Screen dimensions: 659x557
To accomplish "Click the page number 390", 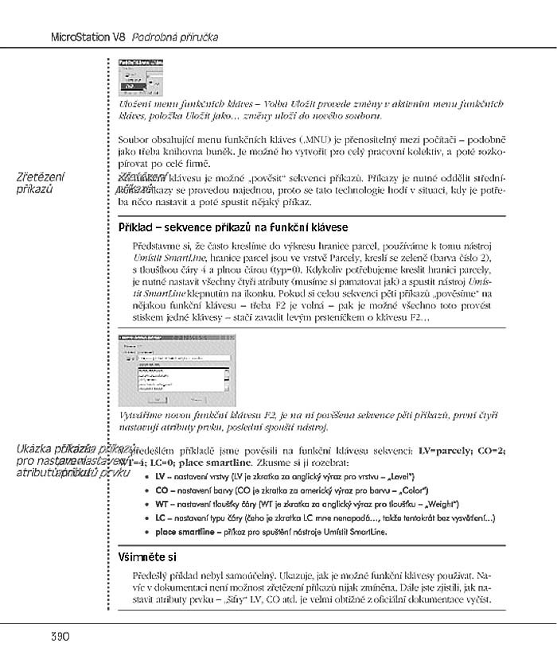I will click(39, 637).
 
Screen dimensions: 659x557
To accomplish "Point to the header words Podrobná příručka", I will click(175, 37).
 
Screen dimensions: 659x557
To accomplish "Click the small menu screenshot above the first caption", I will click(141, 77).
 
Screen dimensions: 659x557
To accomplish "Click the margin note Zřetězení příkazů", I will click(41, 182).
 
